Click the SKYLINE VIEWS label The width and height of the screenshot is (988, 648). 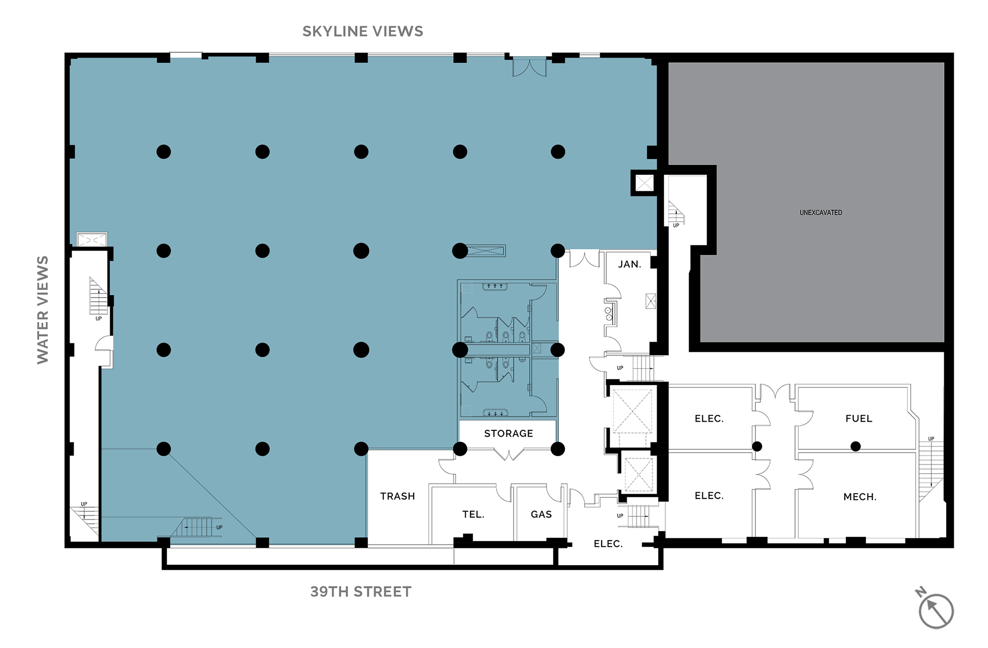363,31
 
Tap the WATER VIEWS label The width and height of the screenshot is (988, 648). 43,310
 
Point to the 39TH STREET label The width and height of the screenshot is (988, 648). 361,591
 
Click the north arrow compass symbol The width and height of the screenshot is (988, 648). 935,609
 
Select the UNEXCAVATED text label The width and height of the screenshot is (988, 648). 821,212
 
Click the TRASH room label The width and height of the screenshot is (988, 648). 397,496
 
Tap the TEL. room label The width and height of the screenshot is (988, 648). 473,514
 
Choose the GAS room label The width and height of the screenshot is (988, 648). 541,514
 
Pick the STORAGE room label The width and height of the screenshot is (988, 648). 508,434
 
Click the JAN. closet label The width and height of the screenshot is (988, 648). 629,264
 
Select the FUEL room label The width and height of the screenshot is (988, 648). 859,419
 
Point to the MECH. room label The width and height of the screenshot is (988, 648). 860,497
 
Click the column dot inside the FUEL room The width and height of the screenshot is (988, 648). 855,446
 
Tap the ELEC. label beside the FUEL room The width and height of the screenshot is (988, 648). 709,419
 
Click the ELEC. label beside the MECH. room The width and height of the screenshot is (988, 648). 709,496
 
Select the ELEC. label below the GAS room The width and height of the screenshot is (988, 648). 608,544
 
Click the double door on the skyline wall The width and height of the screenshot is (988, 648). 530,67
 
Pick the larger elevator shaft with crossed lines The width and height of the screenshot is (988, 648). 632,411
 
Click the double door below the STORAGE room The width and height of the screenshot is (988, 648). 508,455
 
